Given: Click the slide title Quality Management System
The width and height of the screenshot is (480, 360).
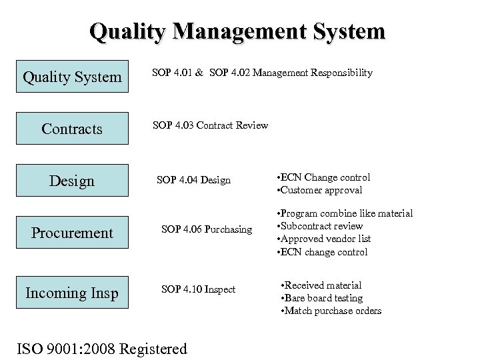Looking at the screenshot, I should tap(237, 31).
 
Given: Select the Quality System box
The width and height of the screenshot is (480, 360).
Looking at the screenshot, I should tap(72, 77).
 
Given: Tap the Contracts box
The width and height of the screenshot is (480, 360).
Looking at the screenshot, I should tap(72, 129).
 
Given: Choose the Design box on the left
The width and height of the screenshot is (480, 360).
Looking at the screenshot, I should tap(72, 181).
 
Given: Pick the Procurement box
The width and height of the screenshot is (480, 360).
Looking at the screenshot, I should tap(72, 233).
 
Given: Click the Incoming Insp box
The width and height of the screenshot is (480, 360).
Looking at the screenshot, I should tap(72, 293).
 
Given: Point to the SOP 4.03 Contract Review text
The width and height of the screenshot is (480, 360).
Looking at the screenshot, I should tap(210, 125).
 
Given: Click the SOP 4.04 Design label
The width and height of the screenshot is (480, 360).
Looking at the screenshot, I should tap(193, 180).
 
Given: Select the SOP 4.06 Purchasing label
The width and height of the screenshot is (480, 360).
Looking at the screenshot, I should tap(207, 229).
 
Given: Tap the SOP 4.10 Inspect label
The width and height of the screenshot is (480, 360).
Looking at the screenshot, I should tap(199, 289).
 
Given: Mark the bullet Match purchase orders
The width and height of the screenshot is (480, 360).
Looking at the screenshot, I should tap(331, 311).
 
